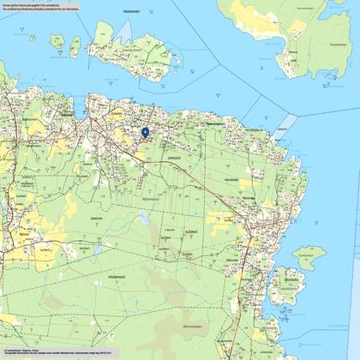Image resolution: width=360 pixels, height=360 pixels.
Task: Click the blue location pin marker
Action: (145, 132)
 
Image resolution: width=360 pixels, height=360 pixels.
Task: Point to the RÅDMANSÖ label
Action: (71, 279)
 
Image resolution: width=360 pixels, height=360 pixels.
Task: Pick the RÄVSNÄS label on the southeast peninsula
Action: (292, 279)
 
